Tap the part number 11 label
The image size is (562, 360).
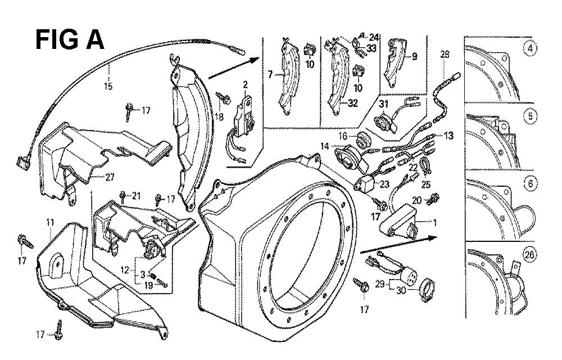pyautogui.click(x=51, y=231)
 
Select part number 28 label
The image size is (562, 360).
pyautogui.click(x=445, y=55)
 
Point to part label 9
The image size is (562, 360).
pyautogui.click(x=414, y=56)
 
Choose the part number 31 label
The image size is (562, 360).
pyautogui.click(x=384, y=103)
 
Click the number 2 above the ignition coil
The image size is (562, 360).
pyautogui.click(x=245, y=84)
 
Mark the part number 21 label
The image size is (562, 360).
pyautogui.click(x=135, y=195)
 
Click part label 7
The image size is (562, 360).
pyautogui.click(x=270, y=74)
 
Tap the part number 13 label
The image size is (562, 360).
pyautogui.click(x=447, y=135)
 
